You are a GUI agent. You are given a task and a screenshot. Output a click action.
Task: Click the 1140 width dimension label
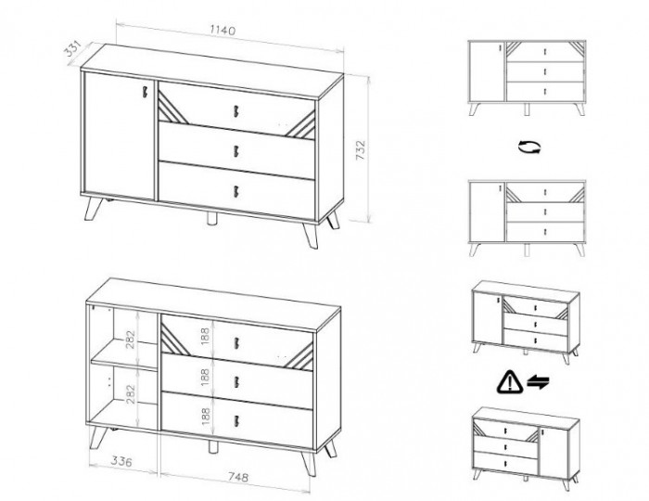coord(223,31)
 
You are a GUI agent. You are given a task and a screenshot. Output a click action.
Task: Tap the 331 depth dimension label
coord(73,49)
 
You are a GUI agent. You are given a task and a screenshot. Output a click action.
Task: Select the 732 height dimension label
coord(361,150)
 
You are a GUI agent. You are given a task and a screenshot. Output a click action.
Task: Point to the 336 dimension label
coord(121,461)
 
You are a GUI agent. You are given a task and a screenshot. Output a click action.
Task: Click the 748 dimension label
coord(238,477)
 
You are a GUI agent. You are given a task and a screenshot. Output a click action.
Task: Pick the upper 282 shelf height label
coord(131,340)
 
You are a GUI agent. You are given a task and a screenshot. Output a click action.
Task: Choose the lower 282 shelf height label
coord(131,394)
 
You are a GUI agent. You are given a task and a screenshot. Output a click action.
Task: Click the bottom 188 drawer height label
coord(205,417)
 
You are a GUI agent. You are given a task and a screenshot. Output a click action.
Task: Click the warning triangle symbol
coord(510,381)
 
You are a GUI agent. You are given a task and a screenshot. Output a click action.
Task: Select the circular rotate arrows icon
coord(529,147)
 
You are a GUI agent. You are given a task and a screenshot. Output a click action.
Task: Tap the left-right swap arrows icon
coord(538,381)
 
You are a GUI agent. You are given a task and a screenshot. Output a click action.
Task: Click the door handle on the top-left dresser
coord(146,92)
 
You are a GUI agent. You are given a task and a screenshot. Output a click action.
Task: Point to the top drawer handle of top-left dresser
coord(236,111)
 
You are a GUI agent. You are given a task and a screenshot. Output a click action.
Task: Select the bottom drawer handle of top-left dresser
coord(236,192)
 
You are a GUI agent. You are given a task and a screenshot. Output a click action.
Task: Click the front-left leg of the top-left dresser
coord(93,209)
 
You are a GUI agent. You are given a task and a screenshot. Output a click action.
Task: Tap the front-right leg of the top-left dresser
coord(311,236)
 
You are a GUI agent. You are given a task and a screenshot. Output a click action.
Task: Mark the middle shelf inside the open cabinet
coord(123,356)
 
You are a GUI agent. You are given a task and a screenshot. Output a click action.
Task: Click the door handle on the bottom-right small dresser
coord(542,432)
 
